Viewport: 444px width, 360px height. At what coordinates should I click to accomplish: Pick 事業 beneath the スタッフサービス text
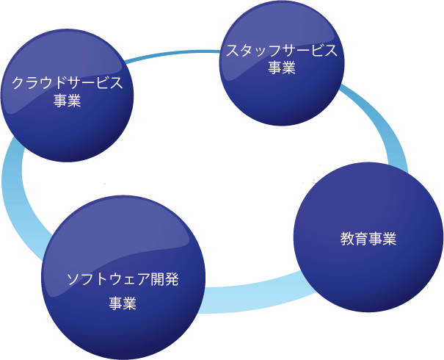coord(282,68)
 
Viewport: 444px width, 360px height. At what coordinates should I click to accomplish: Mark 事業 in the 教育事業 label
coord(382,240)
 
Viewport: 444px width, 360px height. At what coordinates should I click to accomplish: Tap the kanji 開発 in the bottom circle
coord(165,279)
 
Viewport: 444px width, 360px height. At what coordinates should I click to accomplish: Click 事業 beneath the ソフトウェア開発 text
coord(123,303)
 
